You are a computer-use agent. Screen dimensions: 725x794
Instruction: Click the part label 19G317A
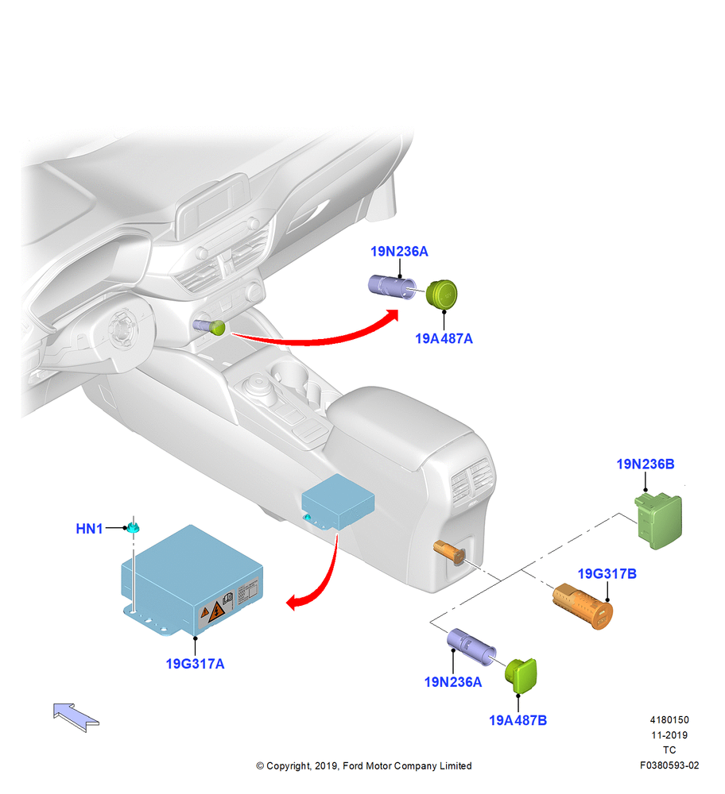point(196,663)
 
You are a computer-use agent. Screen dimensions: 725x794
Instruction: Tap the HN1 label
point(89,529)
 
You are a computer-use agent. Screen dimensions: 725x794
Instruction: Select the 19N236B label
point(646,464)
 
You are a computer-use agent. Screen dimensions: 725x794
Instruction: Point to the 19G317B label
point(607,574)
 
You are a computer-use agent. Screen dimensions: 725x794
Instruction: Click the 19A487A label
point(444,339)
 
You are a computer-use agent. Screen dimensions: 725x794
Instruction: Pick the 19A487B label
point(518,720)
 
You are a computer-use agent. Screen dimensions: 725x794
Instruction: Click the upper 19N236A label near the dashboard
point(400,251)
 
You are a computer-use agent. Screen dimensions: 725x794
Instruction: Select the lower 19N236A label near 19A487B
point(453,682)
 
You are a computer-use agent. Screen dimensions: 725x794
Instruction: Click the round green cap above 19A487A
point(441,294)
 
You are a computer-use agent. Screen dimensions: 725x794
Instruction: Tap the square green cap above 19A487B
point(521,676)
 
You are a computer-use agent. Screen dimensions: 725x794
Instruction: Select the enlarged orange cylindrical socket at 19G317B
point(583,606)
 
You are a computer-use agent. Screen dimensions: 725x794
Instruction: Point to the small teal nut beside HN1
point(134,528)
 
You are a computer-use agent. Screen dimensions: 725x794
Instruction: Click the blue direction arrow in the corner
point(76,717)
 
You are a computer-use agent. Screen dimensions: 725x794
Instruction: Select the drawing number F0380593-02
point(669,765)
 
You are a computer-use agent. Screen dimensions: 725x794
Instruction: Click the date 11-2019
point(669,734)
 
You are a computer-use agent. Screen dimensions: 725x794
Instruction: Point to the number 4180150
point(669,719)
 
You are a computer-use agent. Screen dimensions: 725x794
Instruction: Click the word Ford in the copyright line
point(354,765)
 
